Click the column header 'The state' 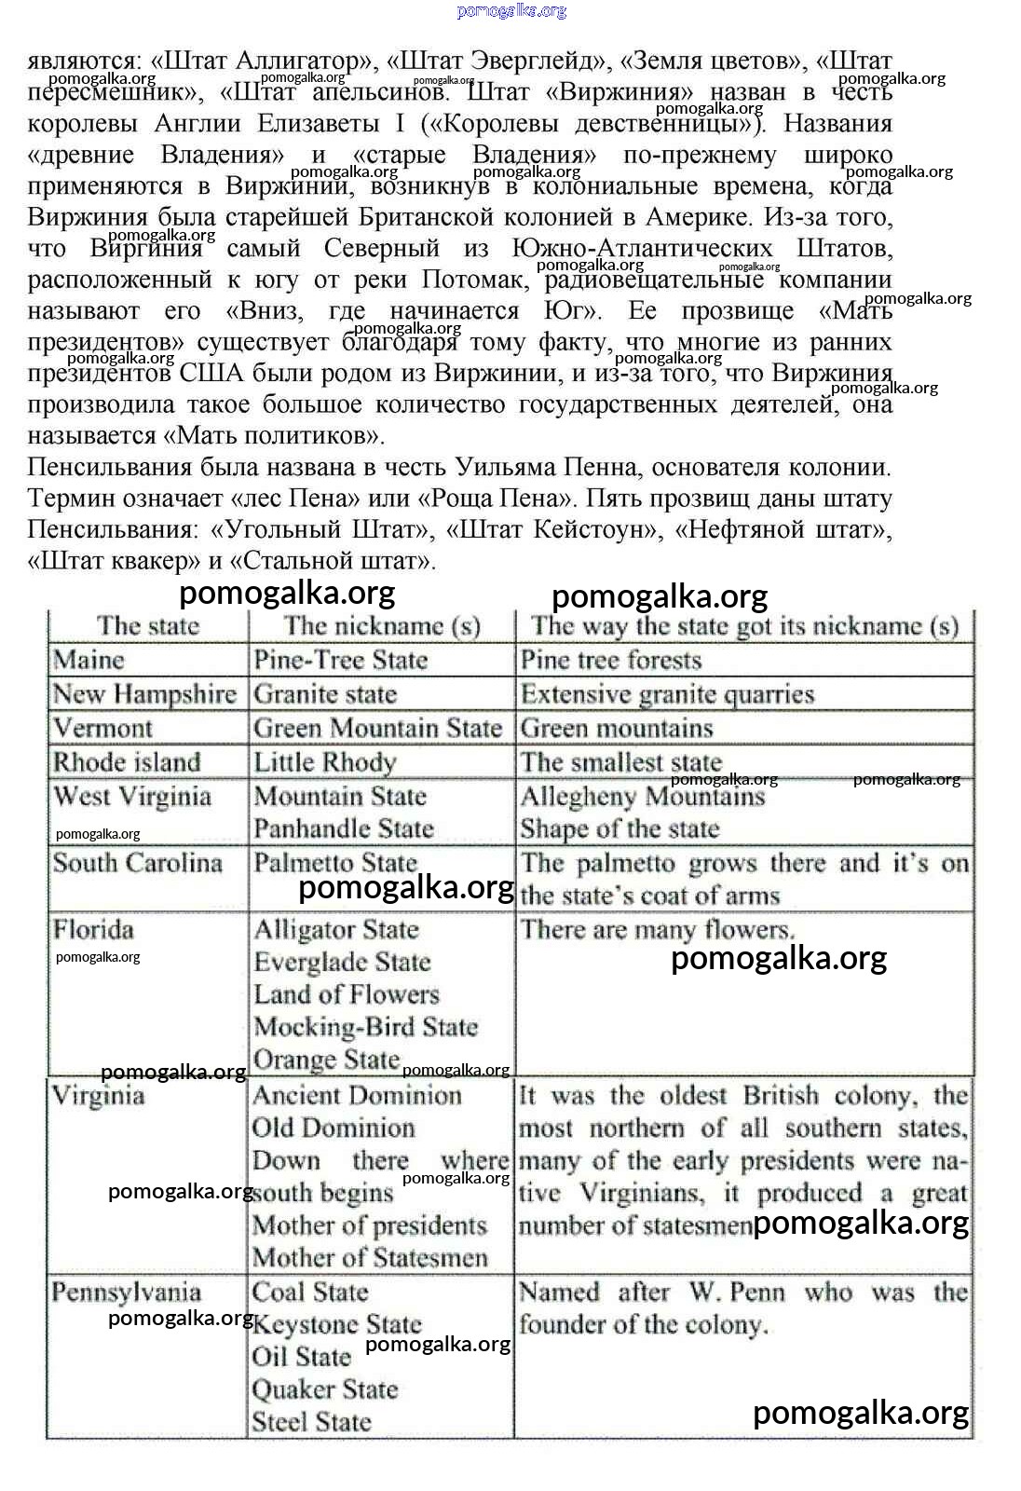[148, 625]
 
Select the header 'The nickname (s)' [382, 625]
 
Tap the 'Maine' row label [88, 660]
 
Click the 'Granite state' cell [325, 694]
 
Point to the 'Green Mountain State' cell [377, 728]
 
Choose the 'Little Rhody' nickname [325, 762]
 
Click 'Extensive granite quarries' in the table [667, 694]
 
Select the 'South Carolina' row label [137, 863]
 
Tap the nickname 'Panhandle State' [344, 828]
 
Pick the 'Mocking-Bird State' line [365, 1027]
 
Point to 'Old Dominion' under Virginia [334, 1128]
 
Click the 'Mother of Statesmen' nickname [370, 1258]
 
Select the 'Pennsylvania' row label [126, 1293]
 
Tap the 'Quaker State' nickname [325, 1389]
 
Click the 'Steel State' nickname [311, 1422]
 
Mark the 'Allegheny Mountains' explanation [642, 797]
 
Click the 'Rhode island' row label [127, 762]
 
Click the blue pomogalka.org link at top [511, 11]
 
